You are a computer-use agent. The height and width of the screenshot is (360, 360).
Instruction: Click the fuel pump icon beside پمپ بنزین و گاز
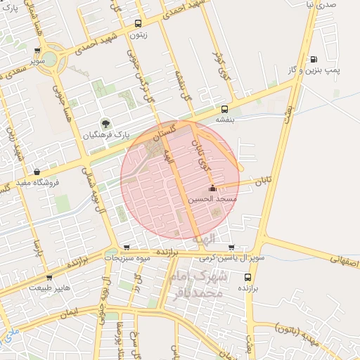(x=314, y=59)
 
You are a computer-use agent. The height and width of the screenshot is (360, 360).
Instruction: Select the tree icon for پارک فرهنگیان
(x=107, y=123)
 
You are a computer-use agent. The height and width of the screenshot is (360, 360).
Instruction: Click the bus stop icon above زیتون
(x=138, y=23)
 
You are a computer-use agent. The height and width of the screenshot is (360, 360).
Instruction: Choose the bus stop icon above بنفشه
(x=225, y=109)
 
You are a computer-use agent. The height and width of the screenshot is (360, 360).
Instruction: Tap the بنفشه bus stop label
(x=225, y=120)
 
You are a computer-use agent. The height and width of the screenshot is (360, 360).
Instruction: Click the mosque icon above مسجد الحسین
(x=212, y=188)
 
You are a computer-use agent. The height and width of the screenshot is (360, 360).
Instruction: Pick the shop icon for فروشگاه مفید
(x=37, y=172)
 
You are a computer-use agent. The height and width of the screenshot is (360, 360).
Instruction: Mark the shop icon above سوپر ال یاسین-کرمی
(x=232, y=247)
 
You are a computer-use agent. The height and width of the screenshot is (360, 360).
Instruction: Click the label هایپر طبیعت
(x=50, y=287)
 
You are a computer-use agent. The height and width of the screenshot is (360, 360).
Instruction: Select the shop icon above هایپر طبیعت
(x=50, y=276)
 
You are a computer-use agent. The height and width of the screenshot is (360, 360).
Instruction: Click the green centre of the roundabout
(x=49, y=59)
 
